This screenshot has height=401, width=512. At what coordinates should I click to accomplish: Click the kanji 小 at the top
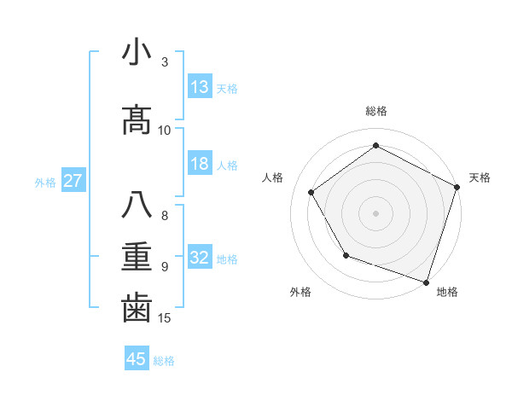pos(137,53)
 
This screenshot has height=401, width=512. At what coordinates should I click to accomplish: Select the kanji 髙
pos(137,120)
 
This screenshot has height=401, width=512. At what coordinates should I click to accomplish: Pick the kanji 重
pos(137,256)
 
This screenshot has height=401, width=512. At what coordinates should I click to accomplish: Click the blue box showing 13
pos(200,87)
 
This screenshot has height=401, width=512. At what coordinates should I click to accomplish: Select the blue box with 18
pos(200,164)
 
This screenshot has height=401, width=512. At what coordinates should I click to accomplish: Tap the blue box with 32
pos(200,258)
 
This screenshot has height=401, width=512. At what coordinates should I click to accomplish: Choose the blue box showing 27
pos(73,181)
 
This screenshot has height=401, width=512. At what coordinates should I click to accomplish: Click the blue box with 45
pos(137,359)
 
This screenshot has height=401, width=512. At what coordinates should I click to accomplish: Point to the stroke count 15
pos(165,318)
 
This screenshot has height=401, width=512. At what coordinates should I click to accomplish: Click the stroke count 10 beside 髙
pos(165,130)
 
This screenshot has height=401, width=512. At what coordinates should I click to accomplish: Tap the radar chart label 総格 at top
pos(375,112)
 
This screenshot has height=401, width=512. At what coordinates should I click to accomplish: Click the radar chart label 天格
pos(480,177)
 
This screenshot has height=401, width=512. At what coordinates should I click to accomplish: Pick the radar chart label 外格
pos(300,292)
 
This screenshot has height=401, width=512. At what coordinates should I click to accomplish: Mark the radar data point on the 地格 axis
pos(426,281)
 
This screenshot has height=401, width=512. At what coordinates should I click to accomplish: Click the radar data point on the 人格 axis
pos(311,192)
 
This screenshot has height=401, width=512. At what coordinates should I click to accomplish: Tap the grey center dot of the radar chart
pos(375,212)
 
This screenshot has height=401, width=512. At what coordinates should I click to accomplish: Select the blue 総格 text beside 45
pos(164,361)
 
